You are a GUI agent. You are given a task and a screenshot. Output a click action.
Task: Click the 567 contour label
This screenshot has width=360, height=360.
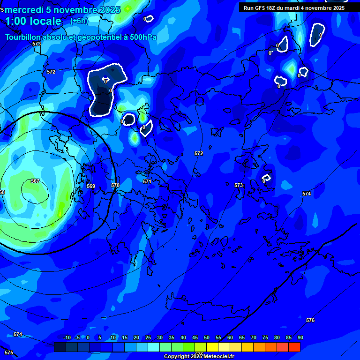tap(35, 181)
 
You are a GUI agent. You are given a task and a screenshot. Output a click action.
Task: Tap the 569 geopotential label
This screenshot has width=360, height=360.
tap(91, 186)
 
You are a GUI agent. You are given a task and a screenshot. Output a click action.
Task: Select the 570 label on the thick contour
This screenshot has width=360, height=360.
tap(115, 185)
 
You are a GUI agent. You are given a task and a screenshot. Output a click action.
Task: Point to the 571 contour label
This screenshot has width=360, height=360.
tap(147, 181)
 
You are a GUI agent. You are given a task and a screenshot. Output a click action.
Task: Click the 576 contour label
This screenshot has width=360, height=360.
tap(310, 320)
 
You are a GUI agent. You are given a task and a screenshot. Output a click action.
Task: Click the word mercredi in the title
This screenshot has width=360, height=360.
tap(24, 10)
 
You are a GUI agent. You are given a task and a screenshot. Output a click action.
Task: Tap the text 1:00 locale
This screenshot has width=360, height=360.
tap(33, 21)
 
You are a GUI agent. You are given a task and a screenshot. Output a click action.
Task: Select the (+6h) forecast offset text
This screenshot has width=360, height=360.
tap(79, 21)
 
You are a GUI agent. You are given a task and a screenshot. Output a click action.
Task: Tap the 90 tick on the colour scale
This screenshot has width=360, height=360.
tap(300, 337)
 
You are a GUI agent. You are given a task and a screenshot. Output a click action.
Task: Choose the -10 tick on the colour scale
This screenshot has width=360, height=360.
tap(67, 337)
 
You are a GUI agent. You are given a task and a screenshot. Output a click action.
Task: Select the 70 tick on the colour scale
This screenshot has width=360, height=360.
tap(254, 337)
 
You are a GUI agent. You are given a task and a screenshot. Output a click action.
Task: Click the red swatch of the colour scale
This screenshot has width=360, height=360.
tap(294, 347)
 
